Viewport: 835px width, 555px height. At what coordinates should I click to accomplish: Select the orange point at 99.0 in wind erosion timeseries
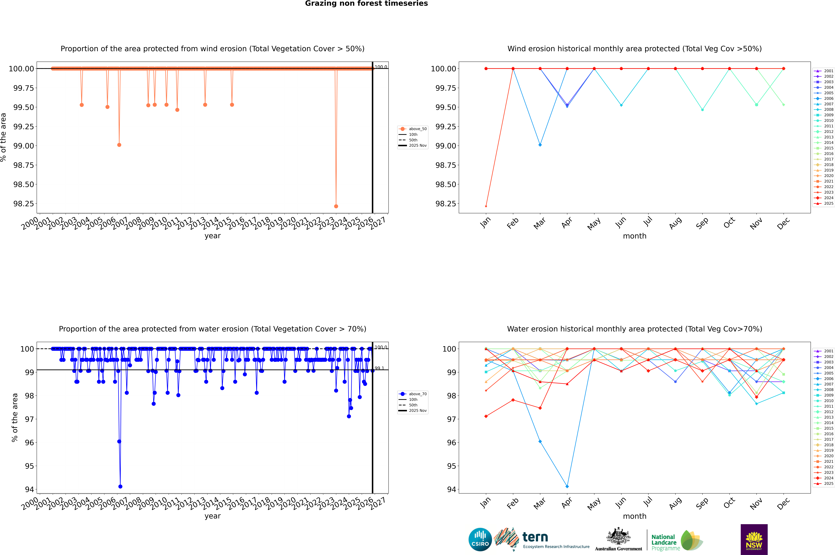click(119, 145)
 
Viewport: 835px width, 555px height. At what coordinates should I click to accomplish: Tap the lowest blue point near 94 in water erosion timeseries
click(120, 486)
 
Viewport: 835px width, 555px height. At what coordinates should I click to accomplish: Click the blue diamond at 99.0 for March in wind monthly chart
click(540, 145)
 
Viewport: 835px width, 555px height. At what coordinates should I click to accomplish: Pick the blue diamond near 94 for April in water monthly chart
click(567, 486)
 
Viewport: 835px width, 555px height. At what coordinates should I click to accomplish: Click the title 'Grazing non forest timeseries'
click(366, 4)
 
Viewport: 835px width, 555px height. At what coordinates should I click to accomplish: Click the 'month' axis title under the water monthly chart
click(634, 516)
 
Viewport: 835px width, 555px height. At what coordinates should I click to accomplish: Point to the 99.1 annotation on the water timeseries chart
click(379, 368)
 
